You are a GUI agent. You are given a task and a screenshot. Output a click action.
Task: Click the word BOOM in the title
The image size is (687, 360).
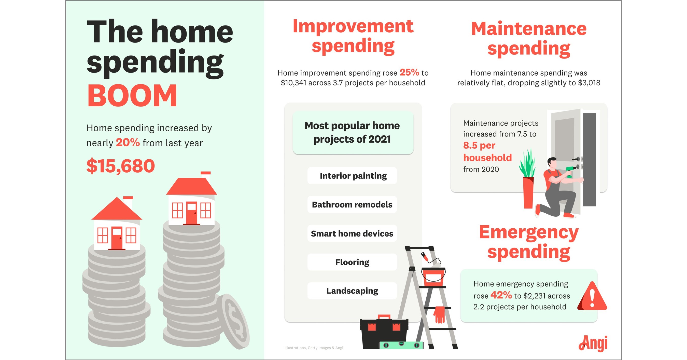point(132,96)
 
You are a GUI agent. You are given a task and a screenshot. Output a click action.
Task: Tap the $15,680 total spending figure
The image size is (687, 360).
point(121,166)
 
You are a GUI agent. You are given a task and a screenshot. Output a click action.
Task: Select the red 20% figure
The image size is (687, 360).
point(128,143)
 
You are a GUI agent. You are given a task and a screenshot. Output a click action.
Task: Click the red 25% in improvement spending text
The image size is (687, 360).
point(409,72)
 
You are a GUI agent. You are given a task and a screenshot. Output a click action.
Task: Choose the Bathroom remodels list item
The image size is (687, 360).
point(352,204)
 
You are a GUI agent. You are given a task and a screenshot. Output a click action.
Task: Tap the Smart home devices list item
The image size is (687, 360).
point(352,234)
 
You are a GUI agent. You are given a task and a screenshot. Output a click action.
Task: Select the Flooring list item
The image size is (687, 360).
point(352,262)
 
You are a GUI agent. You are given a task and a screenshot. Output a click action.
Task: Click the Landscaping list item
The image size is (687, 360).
point(352,291)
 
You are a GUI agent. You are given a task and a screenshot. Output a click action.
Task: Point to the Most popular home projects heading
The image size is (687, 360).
point(353,133)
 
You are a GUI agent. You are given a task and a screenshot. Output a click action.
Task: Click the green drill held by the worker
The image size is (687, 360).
point(570,171)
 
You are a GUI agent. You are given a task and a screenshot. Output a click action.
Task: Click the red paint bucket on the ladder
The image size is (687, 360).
point(433,276)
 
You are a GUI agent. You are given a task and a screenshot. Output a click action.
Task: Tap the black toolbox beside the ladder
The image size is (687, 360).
point(384,332)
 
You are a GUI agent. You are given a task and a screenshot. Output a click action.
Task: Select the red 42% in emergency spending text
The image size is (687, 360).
point(501,295)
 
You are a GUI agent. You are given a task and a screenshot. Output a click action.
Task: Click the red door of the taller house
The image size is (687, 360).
point(191,213)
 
